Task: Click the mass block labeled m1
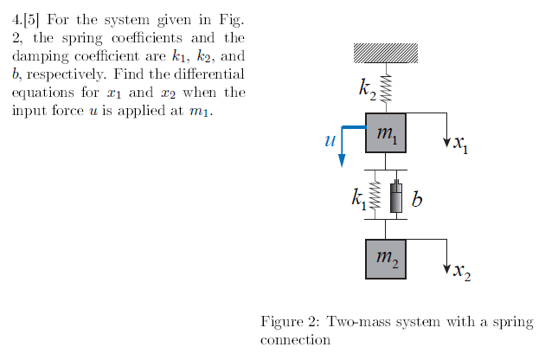pyautogui.click(x=386, y=132)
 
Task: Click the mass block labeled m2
pyautogui.click(x=386, y=258)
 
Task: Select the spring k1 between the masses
pyautogui.click(x=375, y=197)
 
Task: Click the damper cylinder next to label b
pyautogui.click(x=396, y=198)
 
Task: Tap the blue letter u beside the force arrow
pyautogui.click(x=329, y=138)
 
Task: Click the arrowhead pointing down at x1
pyautogui.click(x=446, y=139)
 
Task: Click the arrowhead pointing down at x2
pyautogui.click(x=446, y=267)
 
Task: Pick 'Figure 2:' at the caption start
pyautogui.click(x=289, y=321)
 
